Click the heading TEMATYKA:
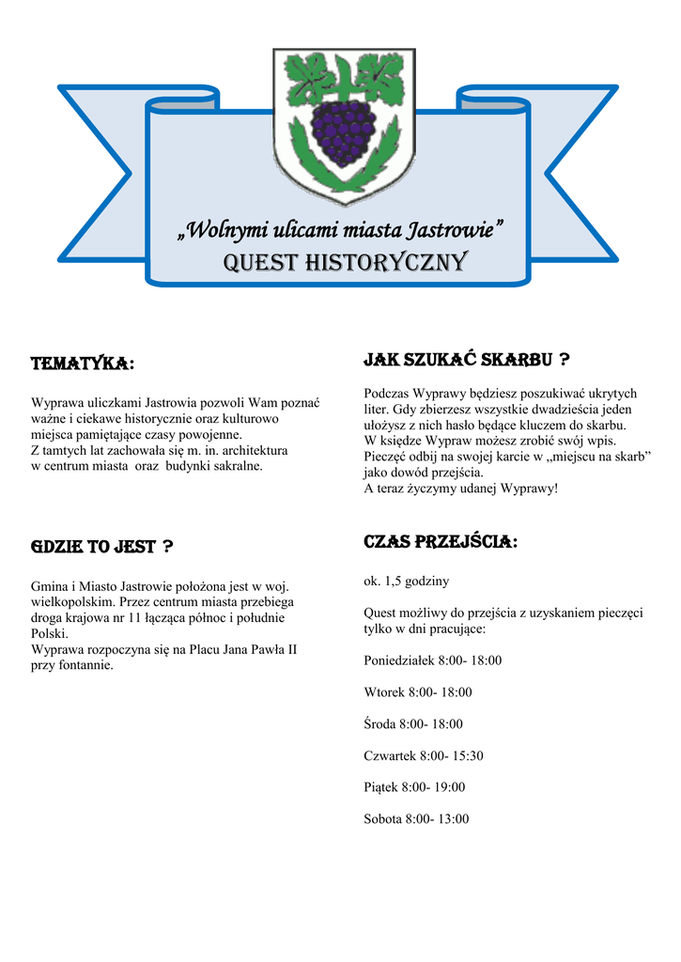point(82,364)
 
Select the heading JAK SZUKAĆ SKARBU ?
point(466,359)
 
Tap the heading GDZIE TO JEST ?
point(101,547)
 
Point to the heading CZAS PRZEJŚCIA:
point(440,542)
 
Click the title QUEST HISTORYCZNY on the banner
point(344,262)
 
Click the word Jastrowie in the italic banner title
point(451,229)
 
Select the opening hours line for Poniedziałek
point(432,660)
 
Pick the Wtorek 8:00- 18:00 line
point(417,692)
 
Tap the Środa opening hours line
point(412,724)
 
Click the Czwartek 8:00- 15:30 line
point(424,755)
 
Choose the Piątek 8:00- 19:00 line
point(414,787)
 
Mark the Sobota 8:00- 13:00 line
point(415,819)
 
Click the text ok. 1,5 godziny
point(406,582)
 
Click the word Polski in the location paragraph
point(49,634)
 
